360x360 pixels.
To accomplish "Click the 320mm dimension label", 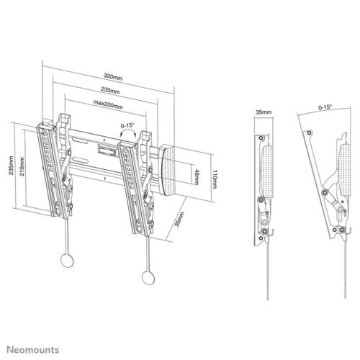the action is point(113,76).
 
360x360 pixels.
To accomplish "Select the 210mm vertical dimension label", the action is point(22,166).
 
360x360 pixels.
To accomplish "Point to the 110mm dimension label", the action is point(215,179).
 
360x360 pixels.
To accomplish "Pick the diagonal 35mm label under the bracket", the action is point(179,220).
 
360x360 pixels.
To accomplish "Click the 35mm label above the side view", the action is point(264,112).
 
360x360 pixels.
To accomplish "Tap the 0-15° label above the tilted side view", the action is point(325,107).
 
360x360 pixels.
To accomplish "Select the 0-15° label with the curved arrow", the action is point(127,125).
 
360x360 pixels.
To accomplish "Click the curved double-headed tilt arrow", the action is point(128,130).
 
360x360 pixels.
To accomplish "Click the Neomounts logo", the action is point(32,350).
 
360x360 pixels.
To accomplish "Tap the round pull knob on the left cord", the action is point(67,261).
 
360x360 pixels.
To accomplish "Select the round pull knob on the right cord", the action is point(148,278).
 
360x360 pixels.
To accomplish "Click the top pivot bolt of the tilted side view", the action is point(310,132).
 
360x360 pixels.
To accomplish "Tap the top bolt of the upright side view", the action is point(261,138).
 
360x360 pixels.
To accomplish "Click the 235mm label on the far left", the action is point(12,166).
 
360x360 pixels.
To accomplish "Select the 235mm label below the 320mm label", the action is point(110,91).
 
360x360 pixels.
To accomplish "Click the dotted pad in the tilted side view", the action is point(344,169).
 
